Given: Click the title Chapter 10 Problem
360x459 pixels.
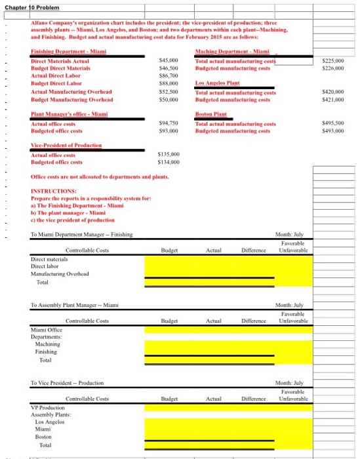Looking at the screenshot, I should (x=32, y=7).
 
